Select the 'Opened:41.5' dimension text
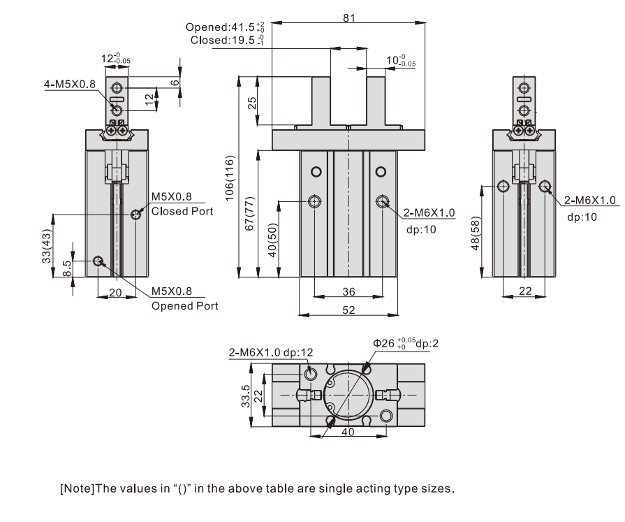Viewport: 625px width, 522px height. (224, 27)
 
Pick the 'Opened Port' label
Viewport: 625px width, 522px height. (184, 305)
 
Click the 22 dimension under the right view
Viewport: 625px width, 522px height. (523, 291)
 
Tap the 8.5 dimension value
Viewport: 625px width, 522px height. (66, 268)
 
